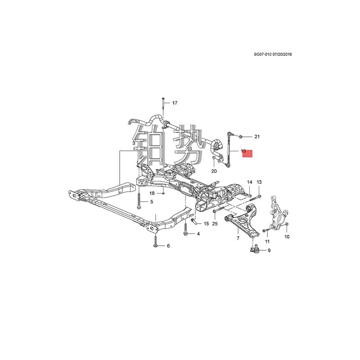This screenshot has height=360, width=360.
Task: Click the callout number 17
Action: pos(175,103)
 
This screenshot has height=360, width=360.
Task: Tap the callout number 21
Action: pos(257,136)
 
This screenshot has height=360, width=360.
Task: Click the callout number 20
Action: pos(214,171)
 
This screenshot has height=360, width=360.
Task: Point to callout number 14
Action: pos(249,182)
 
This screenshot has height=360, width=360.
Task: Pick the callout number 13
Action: pos(259,182)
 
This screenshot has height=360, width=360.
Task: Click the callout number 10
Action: pos(287,237)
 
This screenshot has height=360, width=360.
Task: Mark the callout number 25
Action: pos(215,224)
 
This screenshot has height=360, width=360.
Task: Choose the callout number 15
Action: pos(206,224)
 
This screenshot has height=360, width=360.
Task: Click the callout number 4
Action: pos(198,234)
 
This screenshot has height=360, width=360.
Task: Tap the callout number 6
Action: pos(168,246)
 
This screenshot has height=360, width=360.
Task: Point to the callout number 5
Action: pos(151,202)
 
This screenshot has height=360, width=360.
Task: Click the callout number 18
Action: pos(152,193)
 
